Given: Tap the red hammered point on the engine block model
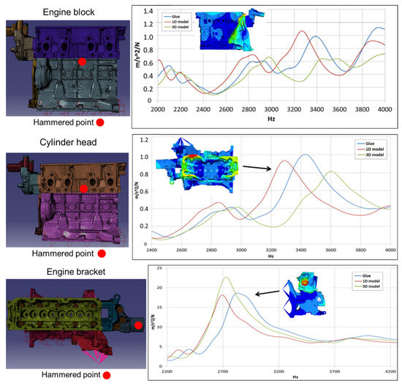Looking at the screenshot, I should (x=83, y=63).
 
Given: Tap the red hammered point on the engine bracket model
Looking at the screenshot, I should (x=137, y=324).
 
